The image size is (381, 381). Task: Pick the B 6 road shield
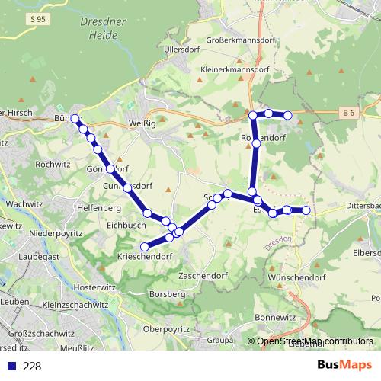tap(349, 113)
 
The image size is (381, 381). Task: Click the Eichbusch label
tap(126, 225)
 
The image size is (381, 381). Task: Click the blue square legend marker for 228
tap(10, 367)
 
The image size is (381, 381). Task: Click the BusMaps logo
tap(344, 366)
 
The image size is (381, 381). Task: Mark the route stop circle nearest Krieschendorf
tap(144, 246)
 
